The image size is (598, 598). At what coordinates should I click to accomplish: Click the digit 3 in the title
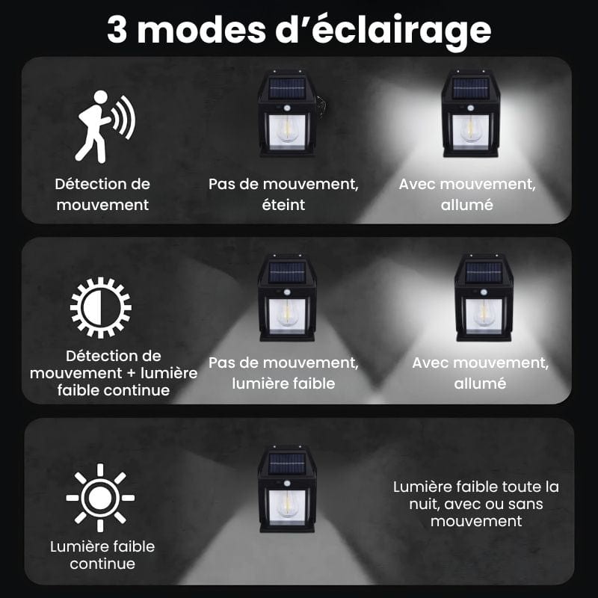(x=117, y=30)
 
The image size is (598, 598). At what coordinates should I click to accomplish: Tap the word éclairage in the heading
(x=401, y=30)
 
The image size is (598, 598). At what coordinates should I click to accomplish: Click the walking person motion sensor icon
(x=105, y=126)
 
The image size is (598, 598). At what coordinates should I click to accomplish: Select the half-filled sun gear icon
(x=101, y=308)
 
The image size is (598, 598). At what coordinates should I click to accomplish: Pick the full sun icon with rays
(x=100, y=498)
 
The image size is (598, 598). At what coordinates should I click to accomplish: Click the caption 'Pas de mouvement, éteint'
(x=283, y=194)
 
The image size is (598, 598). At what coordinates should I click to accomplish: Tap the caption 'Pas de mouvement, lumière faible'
(x=283, y=373)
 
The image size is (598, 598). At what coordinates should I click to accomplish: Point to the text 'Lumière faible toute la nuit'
(x=476, y=495)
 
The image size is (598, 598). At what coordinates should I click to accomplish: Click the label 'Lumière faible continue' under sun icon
(x=102, y=555)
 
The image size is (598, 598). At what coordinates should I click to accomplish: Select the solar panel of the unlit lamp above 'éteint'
(x=287, y=88)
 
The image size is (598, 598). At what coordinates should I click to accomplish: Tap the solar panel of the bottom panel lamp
(x=287, y=463)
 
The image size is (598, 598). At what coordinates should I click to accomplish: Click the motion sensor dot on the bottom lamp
(x=287, y=484)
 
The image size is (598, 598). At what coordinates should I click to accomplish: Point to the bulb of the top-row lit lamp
(x=470, y=129)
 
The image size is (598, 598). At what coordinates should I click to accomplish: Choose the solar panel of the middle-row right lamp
(x=484, y=272)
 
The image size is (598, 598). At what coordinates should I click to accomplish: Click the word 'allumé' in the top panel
(x=466, y=205)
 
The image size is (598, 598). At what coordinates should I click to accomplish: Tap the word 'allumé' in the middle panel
(x=480, y=383)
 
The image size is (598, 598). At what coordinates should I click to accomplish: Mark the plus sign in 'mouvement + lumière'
(x=131, y=373)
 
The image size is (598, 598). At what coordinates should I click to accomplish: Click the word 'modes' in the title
(x=201, y=30)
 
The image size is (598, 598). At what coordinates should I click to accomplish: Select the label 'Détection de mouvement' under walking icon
(x=102, y=194)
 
